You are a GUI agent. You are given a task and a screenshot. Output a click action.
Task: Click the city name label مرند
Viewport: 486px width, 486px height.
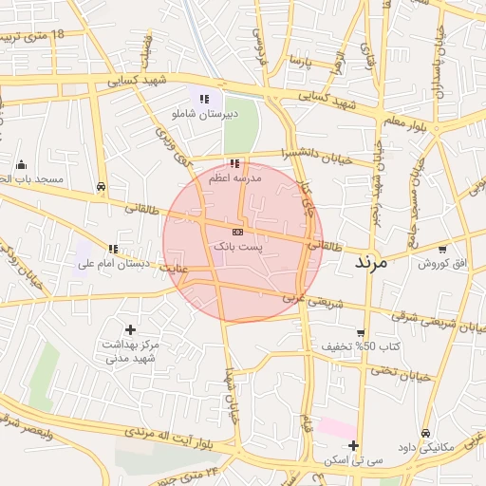(371, 263)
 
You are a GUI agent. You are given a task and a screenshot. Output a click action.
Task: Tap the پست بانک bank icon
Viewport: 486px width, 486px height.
(237, 232)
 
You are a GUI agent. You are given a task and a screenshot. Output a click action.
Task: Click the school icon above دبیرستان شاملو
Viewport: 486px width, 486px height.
(204, 99)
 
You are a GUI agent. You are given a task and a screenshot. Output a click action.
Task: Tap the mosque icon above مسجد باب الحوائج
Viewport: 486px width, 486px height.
(21, 164)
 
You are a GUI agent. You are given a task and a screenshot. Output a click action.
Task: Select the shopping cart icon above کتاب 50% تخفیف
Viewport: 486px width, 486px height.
(361, 331)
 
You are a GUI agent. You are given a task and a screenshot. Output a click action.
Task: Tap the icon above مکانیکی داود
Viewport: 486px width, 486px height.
(425, 433)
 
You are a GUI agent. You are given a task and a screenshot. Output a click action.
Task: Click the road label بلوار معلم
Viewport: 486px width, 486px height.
(406, 120)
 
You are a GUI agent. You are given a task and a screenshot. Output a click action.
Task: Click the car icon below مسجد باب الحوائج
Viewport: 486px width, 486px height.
(102, 187)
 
